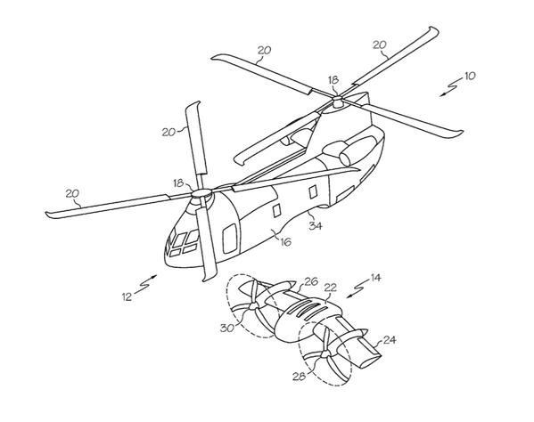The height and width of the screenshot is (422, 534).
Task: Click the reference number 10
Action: (470, 76)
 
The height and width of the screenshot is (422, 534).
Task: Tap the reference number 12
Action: (127, 296)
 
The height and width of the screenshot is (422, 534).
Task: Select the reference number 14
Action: (375, 278)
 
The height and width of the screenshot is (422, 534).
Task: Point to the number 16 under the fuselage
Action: (285, 242)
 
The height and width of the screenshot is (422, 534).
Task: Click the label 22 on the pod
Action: (331, 288)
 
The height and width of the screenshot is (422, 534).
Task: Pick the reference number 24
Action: (390, 340)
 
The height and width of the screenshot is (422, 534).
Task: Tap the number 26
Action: (311, 281)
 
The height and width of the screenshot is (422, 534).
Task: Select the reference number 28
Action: (299, 376)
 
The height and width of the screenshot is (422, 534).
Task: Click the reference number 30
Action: (227, 329)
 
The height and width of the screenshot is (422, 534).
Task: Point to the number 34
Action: (316, 225)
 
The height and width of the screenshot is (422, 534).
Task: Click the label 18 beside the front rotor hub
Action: (178, 183)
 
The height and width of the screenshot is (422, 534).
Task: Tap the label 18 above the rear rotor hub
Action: (333, 80)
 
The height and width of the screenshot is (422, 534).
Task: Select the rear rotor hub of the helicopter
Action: (338, 100)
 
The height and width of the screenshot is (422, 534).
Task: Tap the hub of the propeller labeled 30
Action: (252, 307)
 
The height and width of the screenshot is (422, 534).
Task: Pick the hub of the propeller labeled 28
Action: (325, 354)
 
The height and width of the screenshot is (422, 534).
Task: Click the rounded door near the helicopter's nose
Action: (230, 239)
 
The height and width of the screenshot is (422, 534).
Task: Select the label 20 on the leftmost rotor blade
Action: (72, 193)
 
